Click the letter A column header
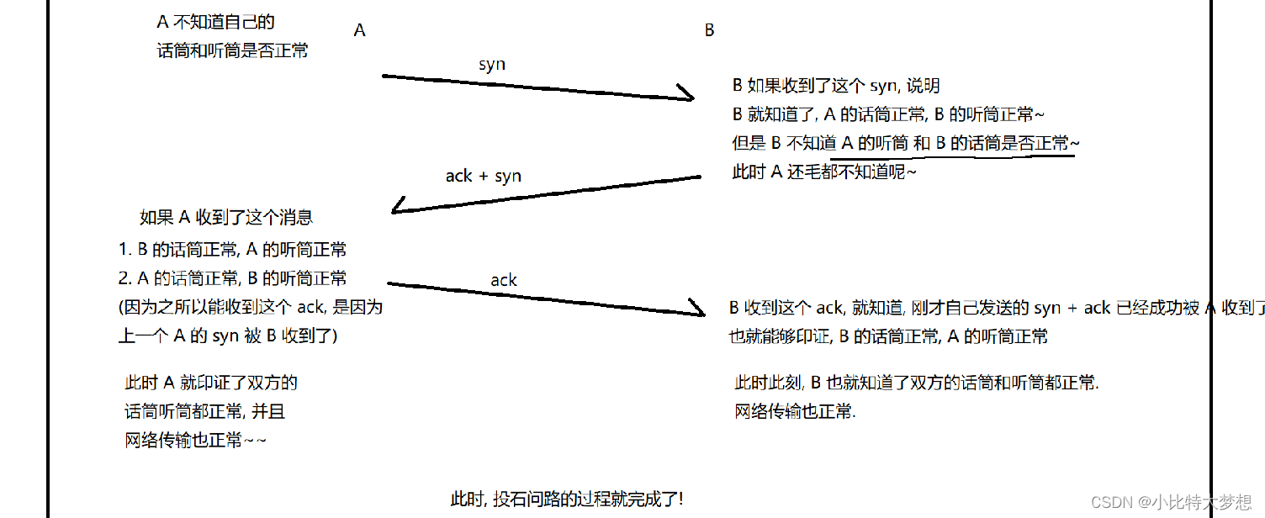click(360, 30)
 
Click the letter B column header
click(709, 30)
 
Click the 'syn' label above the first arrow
click(492, 64)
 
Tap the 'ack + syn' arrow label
click(483, 176)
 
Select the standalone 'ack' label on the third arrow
click(504, 280)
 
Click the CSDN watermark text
click(1170, 502)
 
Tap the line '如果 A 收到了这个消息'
click(226, 218)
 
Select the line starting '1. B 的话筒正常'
click(233, 250)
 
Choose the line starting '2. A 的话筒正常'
click(233, 278)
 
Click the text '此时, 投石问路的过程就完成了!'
click(567, 499)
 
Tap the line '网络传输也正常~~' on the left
click(196, 441)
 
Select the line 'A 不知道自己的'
click(216, 22)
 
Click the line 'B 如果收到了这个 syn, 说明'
click(836, 86)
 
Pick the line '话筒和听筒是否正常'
click(233, 50)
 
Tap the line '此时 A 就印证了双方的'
click(211, 383)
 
